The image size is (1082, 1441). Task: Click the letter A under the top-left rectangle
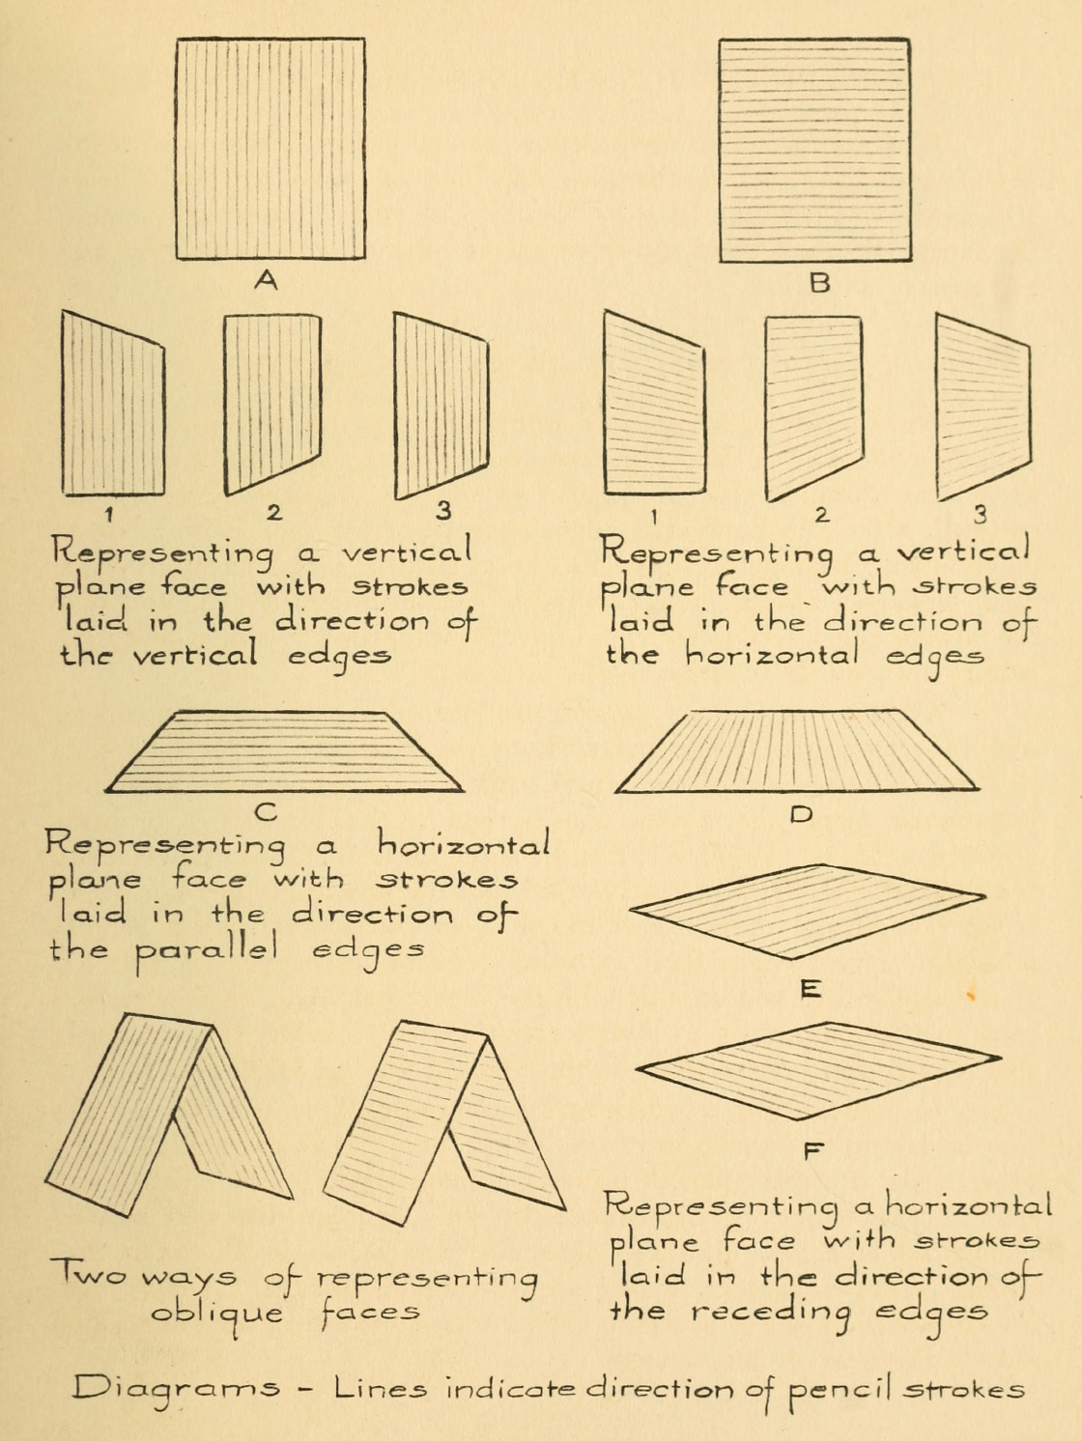click(266, 280)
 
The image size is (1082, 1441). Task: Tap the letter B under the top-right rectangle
click(819, 283)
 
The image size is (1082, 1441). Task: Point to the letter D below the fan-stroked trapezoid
click(801, 814)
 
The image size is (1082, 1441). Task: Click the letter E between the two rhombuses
click(811, 988)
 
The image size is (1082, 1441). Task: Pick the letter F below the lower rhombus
click(813, 1150)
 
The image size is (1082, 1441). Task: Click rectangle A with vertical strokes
click(270, 149)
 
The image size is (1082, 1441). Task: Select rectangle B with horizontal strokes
click(814, 150)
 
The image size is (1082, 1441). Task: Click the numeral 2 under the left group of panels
click(274, 512)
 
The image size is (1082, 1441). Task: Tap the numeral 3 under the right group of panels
click(980, 514)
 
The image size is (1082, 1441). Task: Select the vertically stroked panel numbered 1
click(112, 406)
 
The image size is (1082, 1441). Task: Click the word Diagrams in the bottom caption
click(177, 1391)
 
